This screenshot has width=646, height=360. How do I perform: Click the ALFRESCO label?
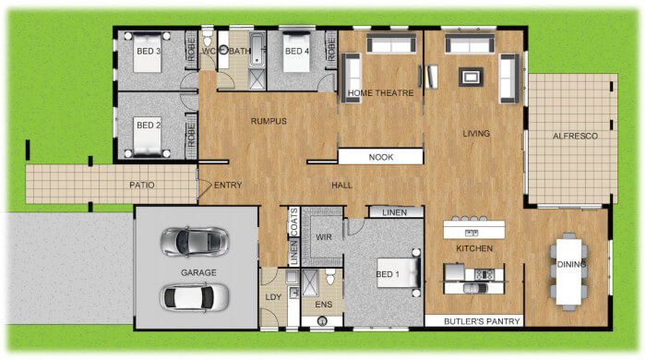(575, 136)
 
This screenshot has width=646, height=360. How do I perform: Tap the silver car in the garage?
(195, 241)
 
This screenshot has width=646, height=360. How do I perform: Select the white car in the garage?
(195, 297)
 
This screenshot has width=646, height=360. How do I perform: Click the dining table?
(569, 271)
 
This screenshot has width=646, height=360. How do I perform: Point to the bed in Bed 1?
(399, 272)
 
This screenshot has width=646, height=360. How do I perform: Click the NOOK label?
(380, 157)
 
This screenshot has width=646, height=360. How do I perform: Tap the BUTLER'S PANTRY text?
(482, 321)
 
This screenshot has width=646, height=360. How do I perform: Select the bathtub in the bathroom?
(257, 50)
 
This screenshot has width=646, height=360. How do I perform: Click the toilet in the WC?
(207, 37)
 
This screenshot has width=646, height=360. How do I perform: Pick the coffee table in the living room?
(471, 77)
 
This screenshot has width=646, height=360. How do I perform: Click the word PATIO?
(142, 185)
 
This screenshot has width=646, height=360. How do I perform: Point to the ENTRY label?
(228, 186)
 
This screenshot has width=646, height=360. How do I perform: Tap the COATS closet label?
(293, 222)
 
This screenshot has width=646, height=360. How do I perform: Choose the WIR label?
(323, 237)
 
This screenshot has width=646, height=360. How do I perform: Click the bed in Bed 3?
(147, 53)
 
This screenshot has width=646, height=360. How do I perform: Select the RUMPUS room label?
(269, 121)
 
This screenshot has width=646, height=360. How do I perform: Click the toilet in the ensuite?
(330, 276)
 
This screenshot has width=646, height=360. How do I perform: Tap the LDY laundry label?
(273, 297)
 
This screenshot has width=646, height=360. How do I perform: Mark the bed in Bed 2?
(147, 137)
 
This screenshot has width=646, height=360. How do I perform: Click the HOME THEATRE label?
(380, 93)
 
